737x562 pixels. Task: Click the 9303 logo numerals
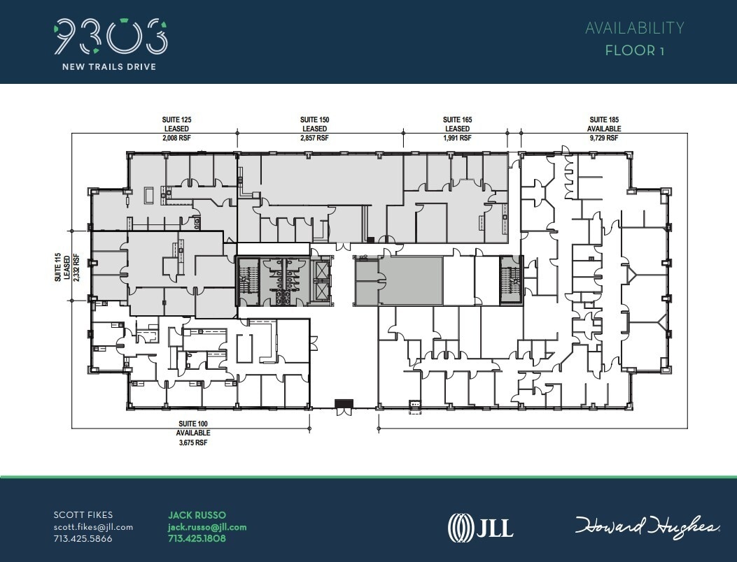point(111,36)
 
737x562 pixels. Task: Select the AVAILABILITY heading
point(634,28)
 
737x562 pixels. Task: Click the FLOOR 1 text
point(634,50)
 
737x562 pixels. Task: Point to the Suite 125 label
point(177,120)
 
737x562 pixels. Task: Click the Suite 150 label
point(314,120)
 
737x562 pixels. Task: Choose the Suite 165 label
point(457,120)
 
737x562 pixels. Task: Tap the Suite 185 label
point(604,120)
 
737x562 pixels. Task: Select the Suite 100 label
point(192,424)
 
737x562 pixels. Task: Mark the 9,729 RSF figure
point(604,138)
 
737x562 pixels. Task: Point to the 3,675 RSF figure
point(192,442)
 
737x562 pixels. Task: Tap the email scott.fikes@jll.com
point(93,527)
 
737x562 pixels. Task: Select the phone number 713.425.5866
point(83,539)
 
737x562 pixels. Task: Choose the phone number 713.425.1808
point(197,539)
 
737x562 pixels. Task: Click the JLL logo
point(480,526)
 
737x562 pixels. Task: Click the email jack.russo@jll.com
point(207,527)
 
